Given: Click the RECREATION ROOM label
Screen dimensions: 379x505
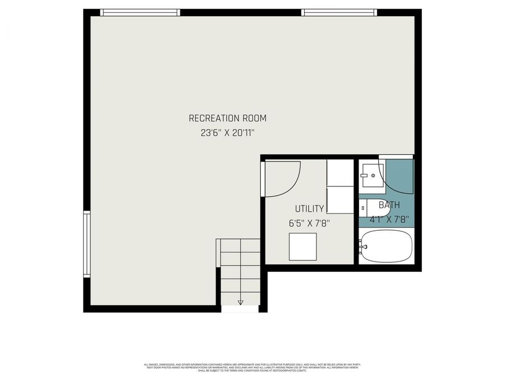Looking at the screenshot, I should point(227,118).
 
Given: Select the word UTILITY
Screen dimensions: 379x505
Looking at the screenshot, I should point(309,209).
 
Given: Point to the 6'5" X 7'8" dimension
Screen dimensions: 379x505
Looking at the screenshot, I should point(309,223).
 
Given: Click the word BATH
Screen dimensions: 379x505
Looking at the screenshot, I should point(389,206).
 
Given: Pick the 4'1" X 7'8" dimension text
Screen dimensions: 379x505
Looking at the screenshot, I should point(389,219).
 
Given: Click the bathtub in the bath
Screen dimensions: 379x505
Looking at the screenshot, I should point(387,246).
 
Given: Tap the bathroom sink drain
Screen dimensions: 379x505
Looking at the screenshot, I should point(373,175).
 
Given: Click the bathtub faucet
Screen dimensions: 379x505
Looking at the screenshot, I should point(364,246).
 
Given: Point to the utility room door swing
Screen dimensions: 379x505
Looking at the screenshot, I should point(283,179).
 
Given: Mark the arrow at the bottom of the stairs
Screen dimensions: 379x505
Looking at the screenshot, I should point(241,302).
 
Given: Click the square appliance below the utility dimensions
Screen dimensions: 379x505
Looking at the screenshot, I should point(302,246).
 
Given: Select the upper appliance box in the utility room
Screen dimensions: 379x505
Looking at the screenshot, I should point(340,172).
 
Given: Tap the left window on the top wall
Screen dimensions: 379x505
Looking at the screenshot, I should point(140,12).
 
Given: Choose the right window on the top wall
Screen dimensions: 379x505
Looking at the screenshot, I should point(338,12).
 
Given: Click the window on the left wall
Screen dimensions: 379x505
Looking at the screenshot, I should point(87,244).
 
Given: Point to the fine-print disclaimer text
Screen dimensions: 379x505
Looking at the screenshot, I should point(252,368).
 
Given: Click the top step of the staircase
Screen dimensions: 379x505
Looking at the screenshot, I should point(241,245).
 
